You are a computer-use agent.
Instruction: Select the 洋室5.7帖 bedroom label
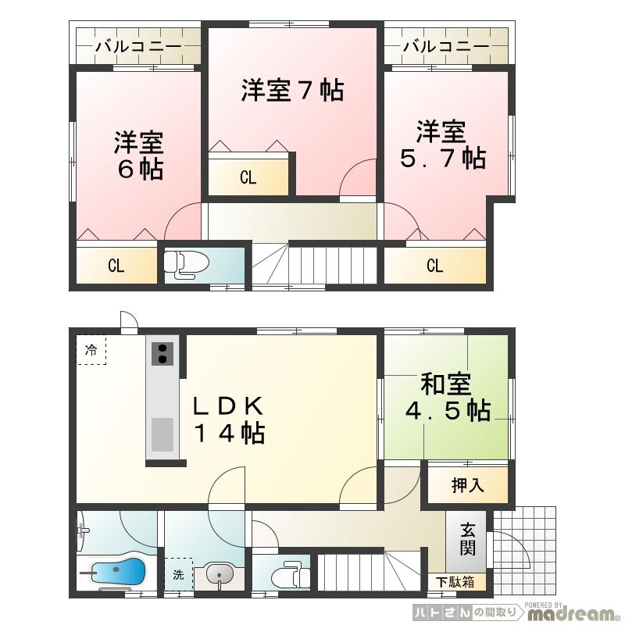tap(441, 145)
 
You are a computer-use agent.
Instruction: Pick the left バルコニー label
tap(138, 47)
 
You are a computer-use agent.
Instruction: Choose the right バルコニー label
tap(446, 47)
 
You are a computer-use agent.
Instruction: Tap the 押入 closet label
tap(468, 485)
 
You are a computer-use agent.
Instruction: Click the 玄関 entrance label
tap(467, 540)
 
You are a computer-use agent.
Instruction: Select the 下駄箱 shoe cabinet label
tap(455, 582)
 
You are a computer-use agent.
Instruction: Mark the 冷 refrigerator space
tap(91, 350)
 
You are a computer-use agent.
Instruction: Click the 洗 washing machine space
tap(178, 577)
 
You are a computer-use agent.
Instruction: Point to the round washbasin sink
tap(221, 577)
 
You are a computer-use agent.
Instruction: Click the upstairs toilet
tap(183, 265)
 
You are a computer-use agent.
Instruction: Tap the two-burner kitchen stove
tap(163, 353)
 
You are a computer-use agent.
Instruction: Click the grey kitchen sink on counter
tap(163, 434)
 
